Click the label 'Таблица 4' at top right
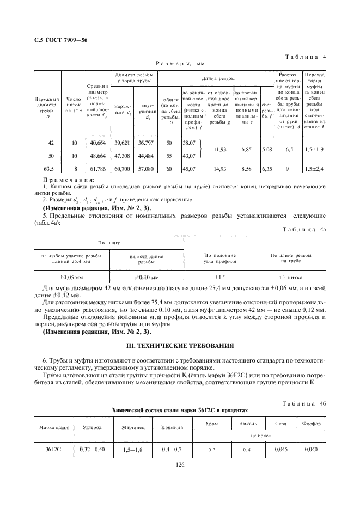[306, 56]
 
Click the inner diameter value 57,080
[145, 169]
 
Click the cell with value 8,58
[246, 169]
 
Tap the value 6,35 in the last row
[266, 169]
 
